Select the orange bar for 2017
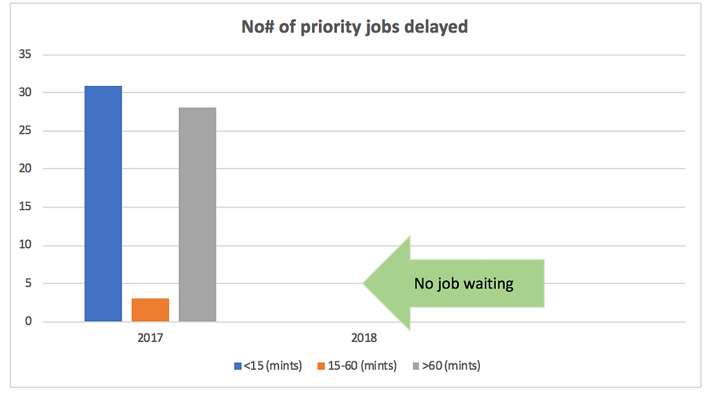pyautogui.click(x=150, y=309)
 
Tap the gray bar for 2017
pyautogui.click(x=198, y=214)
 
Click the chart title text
pyautogui.click(x=354, y=27)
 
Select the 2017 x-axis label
pyautogui.click(x=150, y=339)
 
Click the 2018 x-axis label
pyautogui.click(x=364, y=339)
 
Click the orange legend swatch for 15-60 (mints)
pyautogui.click(x=322, y=366)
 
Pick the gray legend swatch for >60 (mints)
pyautogui.click(x=416, y=366)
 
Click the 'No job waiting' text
pyautogui.click(x=463, y=283)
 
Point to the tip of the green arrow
pyautogui.click(x=364, y=283)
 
